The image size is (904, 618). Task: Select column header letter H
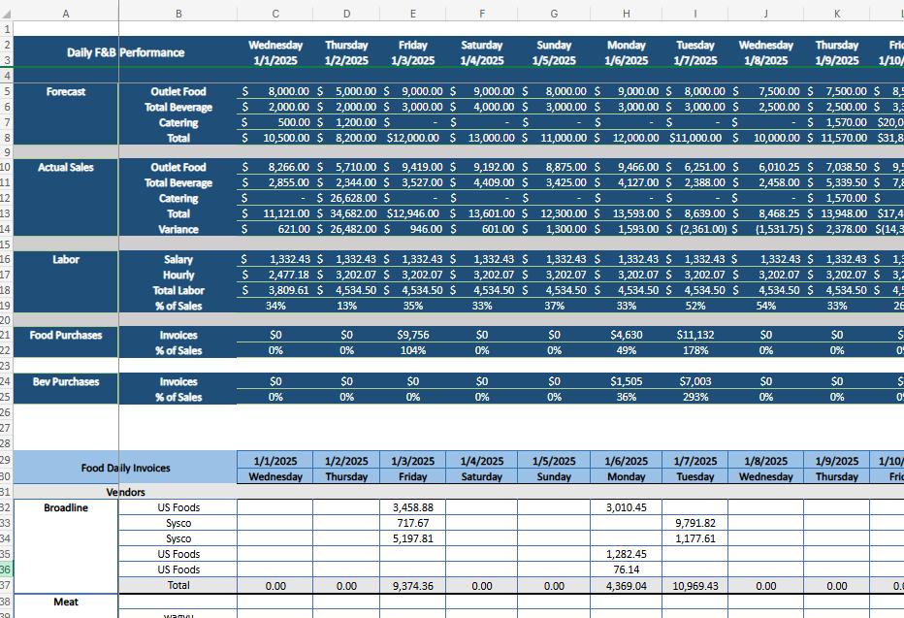626,14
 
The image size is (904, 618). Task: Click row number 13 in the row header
6,213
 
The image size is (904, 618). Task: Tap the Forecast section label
66,92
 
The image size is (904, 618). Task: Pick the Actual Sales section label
66,168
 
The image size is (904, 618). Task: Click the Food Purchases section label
66,336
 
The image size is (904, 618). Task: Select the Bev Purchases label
66,382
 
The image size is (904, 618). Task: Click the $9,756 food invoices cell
413,336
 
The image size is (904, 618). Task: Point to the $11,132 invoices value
694,336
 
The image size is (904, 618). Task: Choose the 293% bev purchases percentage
694,398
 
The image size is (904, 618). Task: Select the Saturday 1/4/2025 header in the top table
481,52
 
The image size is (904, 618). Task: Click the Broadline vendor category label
66,508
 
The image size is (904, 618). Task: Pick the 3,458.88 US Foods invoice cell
413,508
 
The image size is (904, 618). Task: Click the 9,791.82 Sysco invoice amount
694,524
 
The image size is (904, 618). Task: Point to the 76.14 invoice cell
626,570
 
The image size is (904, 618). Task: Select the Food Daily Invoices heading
125,469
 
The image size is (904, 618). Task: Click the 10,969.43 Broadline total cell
694,586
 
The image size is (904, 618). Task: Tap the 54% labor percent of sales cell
765,306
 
